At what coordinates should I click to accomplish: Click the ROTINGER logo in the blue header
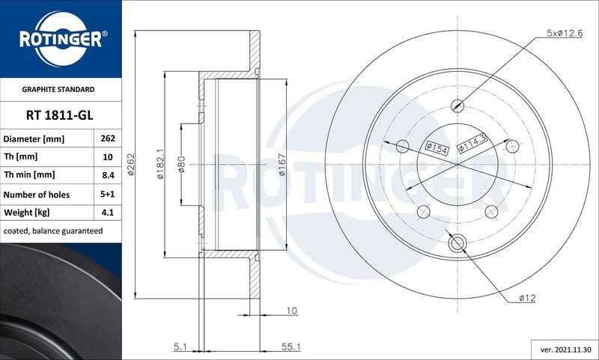[x=61, y=39]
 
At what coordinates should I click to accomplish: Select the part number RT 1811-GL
[x=60, y=115]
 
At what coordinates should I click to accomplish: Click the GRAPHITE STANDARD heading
[x=58, y=89]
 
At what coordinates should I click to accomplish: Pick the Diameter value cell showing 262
[x=108, y=138]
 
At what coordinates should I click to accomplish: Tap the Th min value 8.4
[x=108, y=175]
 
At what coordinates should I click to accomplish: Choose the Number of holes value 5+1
[x=108, y=194]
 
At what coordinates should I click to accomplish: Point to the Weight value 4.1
[x=108, y=213]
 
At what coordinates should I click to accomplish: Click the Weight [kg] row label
[x=26, y=213]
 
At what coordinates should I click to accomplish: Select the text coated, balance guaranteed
[x=53, y=231]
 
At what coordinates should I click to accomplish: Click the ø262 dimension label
[x=130, y=164]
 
